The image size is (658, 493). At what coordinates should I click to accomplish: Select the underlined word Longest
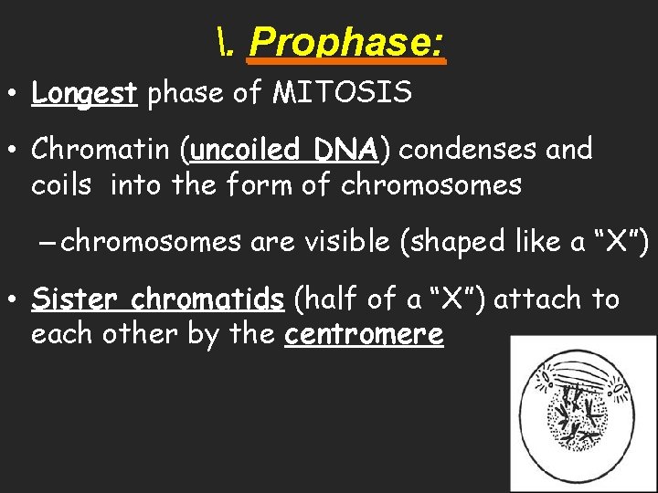coord(84,93)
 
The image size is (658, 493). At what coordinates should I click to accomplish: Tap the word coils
coord(61,185)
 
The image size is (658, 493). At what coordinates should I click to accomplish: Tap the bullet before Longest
coord(16,93)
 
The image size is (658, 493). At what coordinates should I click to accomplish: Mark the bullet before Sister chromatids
coord(16,299)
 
